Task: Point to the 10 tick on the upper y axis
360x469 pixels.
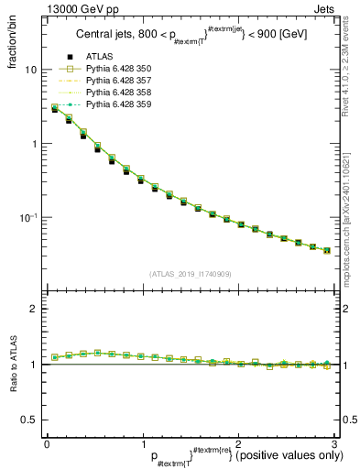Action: (x=30, y=71)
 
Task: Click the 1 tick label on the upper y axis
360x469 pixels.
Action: (x=33, y=144)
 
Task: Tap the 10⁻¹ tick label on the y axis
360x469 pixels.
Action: (x=28, y=217)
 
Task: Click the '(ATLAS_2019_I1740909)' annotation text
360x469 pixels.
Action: (x=190, y=273)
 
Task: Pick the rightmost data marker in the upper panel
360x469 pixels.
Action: (x=327, y=250)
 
